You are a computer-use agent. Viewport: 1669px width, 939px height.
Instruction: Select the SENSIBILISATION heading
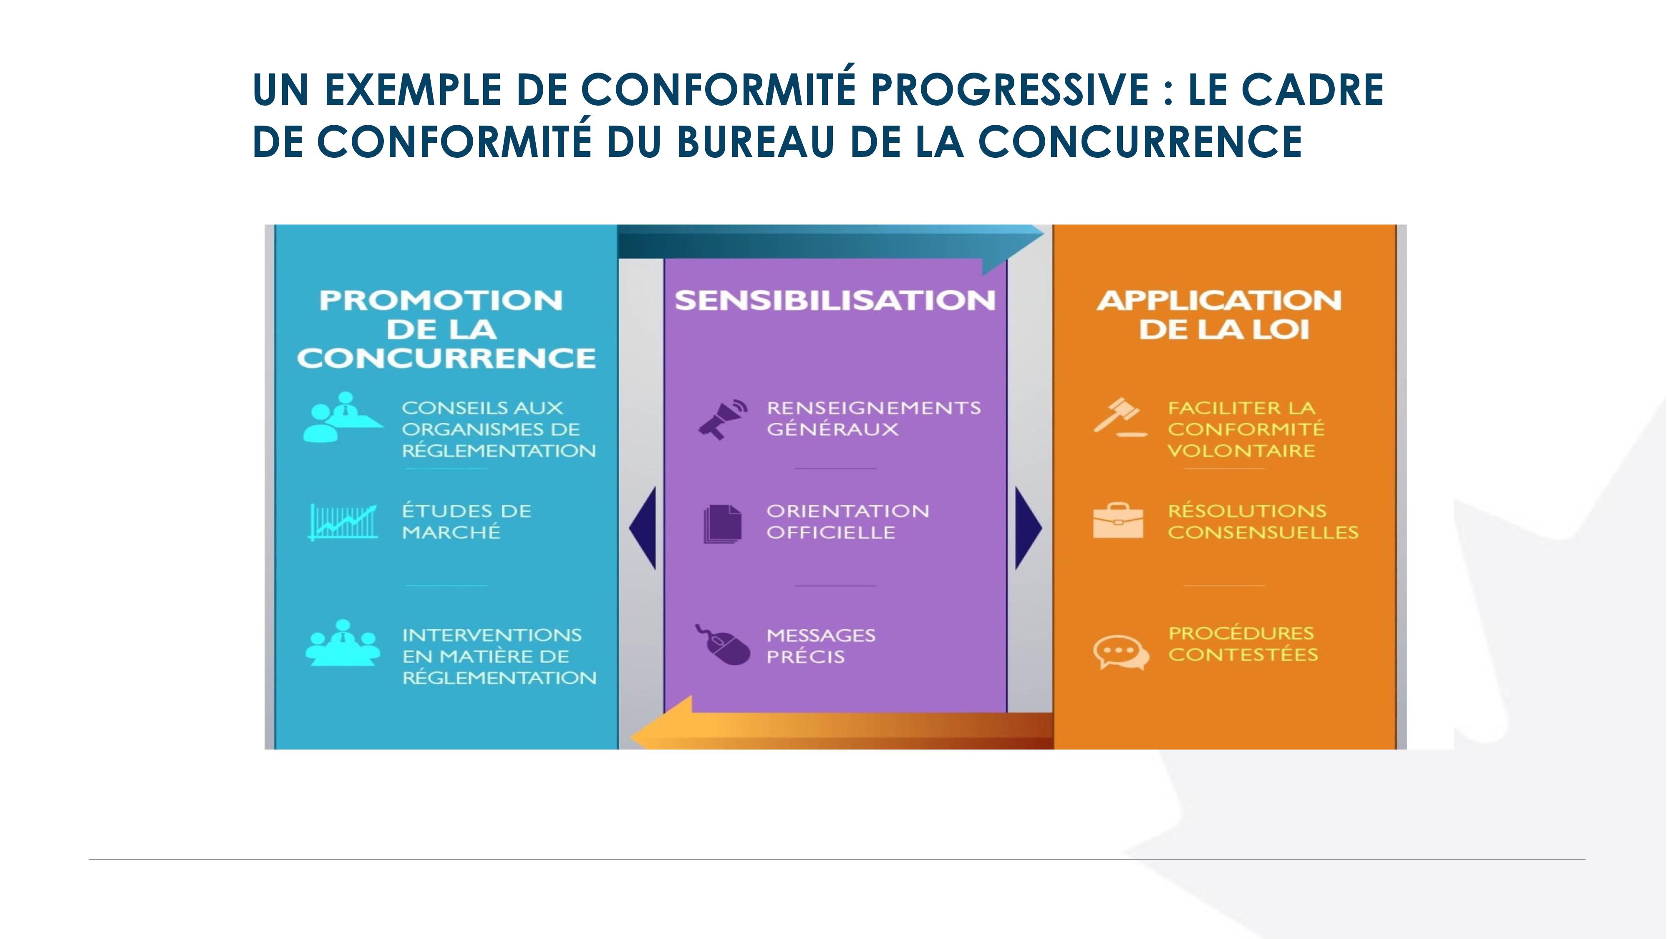[834, 300]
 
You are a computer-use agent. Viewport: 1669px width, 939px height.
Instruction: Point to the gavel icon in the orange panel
[1119, 417]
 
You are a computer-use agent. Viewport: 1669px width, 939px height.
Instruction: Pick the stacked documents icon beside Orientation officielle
[722, 524]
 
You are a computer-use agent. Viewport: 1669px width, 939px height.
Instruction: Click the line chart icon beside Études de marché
[343, 522]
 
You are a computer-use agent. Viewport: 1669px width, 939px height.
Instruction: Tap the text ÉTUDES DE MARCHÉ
[466, 522]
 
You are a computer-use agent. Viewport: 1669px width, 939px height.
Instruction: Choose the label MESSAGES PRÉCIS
[821, 646]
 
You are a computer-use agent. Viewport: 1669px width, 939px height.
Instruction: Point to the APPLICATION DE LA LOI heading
[1219, 315]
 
